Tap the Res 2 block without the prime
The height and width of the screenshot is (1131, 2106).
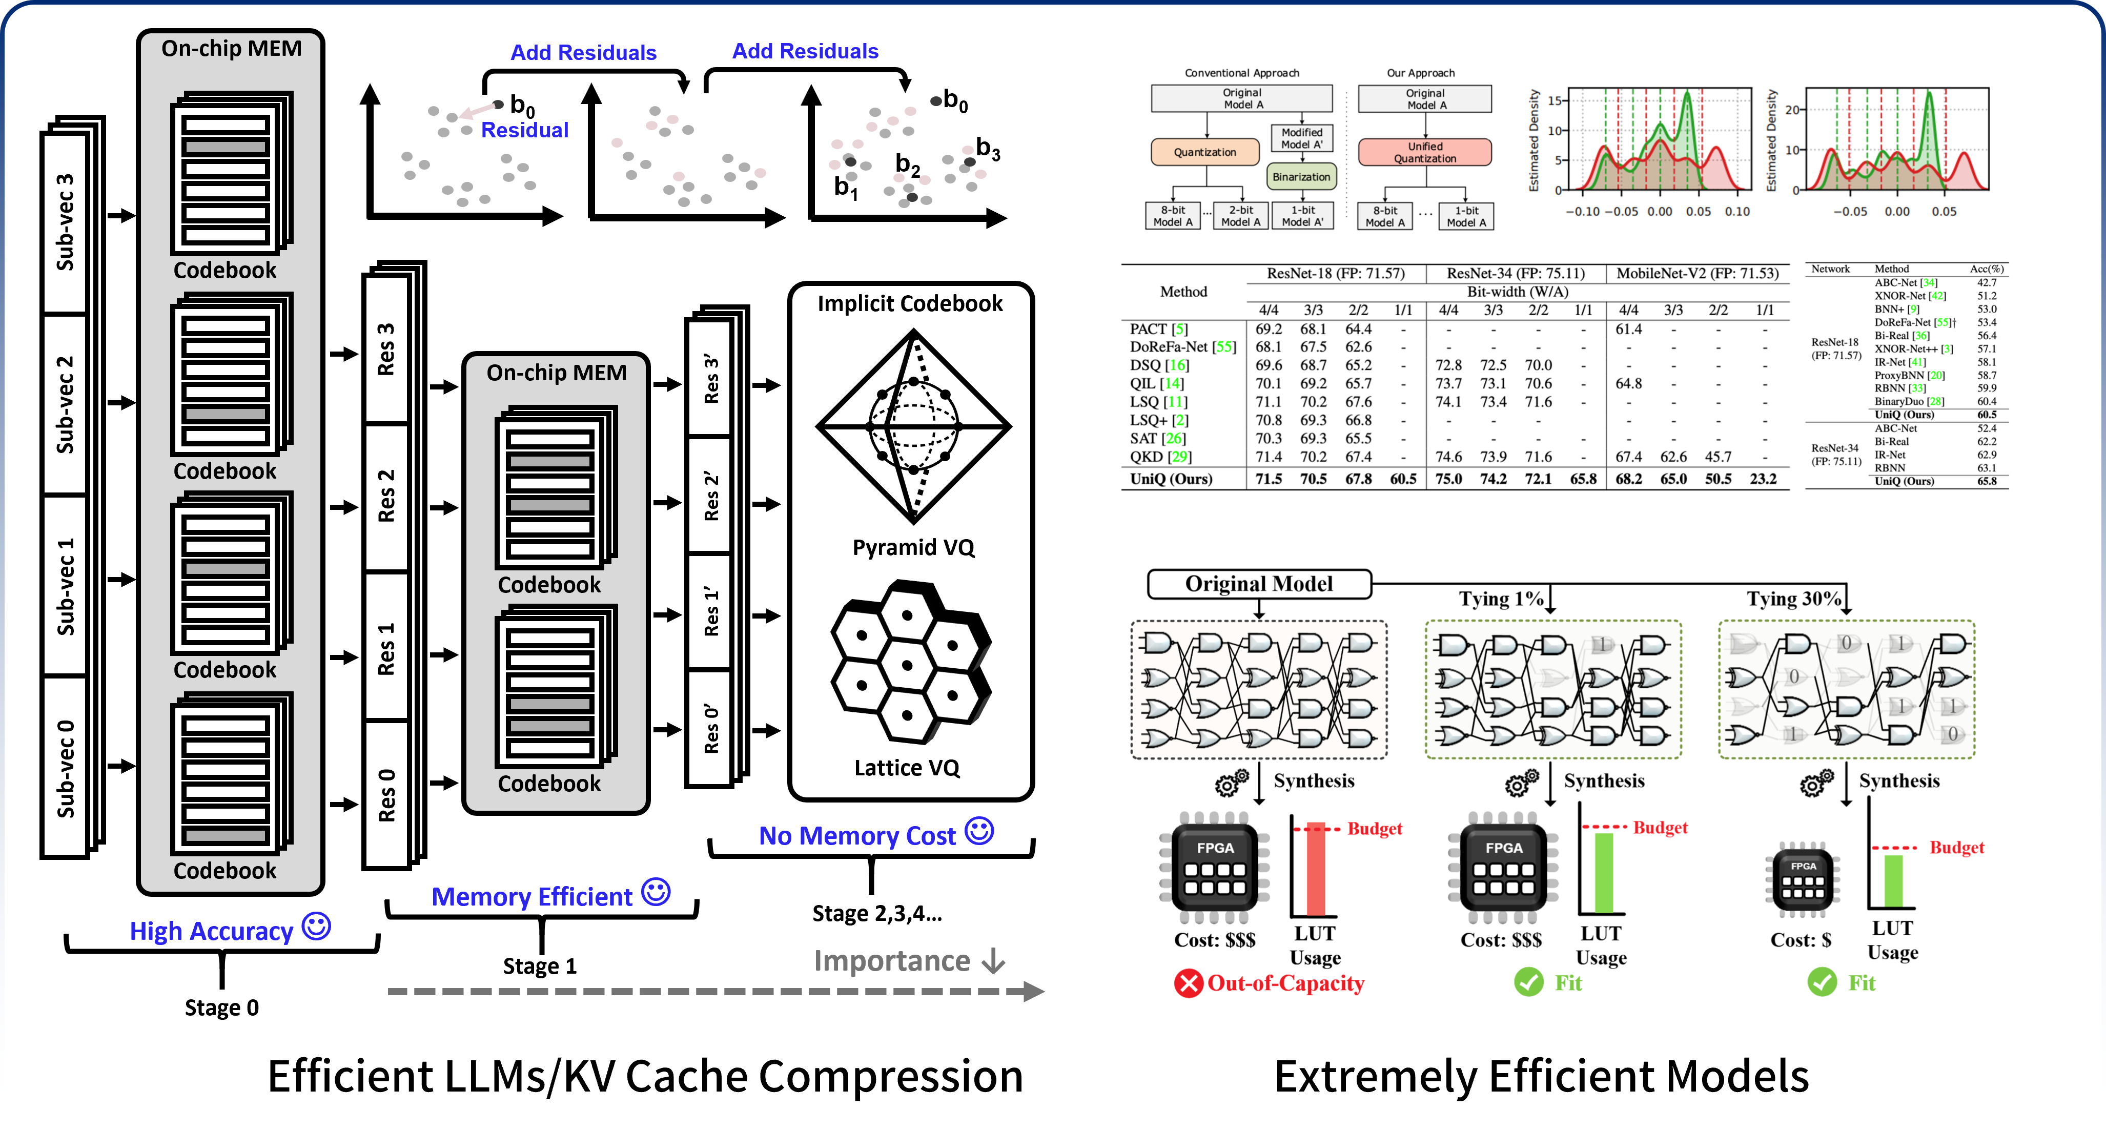pos(386,496)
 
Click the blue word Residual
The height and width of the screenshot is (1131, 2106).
pos(524,130)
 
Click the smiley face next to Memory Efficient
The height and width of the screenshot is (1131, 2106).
pos(656,892)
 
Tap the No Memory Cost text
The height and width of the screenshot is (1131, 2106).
pos(857,836)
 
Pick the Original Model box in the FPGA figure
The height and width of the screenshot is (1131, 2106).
pos(1258,584)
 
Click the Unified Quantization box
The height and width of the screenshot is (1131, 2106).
pos(1424,152)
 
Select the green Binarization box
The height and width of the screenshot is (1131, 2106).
pos(1301,176)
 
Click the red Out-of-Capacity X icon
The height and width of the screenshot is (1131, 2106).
pos(1188,983)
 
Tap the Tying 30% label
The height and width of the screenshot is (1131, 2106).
pos(1793,599)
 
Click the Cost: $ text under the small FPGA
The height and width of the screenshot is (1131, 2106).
pos(1800,940)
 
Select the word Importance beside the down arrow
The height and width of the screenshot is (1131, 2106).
pos(891,961)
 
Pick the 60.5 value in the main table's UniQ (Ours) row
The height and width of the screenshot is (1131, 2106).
pos(1403,479)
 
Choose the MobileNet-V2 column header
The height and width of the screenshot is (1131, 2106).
pos(1697,274)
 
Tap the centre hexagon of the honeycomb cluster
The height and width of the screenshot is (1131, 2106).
pos(907,665)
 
